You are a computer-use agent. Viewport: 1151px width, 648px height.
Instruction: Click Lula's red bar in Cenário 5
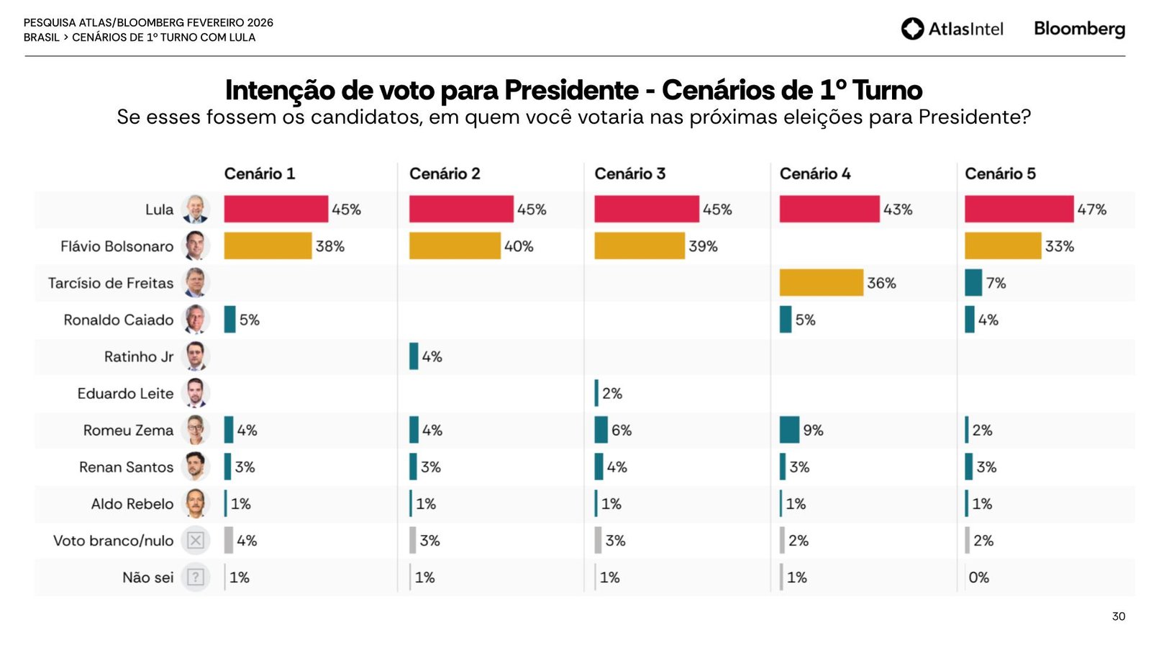(x=1019, y=209)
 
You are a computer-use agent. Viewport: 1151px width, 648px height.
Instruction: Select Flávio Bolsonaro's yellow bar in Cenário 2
(x=454, y=246)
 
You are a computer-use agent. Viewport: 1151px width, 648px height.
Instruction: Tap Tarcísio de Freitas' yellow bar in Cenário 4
(x=821, y=282)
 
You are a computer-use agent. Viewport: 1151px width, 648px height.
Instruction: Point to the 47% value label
(x=1091, y=210)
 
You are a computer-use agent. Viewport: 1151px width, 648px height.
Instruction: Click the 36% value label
(x=881, y=283)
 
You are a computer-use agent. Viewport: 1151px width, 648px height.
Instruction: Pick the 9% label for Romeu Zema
(x=813, y=430)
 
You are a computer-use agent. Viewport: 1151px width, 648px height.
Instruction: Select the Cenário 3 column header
(x=629, y=174)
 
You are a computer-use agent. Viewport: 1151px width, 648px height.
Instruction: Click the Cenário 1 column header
(x=259, y=174)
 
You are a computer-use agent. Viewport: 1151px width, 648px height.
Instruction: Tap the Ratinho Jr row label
(x=139, y=356)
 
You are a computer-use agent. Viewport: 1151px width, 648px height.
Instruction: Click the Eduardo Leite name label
(x=125, y=393)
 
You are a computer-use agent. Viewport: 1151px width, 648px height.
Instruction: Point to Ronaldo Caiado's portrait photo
(x=195, y=320)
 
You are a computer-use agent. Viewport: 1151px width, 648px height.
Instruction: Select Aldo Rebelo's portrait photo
(x=195, y=503)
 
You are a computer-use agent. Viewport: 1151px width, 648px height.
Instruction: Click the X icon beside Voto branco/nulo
(x=195, y=540)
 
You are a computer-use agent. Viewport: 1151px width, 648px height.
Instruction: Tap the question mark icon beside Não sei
(x=195, y=577)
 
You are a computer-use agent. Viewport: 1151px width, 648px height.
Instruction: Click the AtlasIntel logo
(x=952, y=29)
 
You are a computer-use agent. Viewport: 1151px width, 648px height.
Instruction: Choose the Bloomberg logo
(x=1079, y=29)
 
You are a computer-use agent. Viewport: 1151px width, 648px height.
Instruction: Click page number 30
(x=1118, y=616)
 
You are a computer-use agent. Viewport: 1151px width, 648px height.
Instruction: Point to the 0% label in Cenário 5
(x=978, y=577)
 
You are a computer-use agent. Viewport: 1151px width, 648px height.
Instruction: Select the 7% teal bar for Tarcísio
(x=973, y=282)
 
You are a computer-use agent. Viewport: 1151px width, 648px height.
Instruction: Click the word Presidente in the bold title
(x=570, y=91)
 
